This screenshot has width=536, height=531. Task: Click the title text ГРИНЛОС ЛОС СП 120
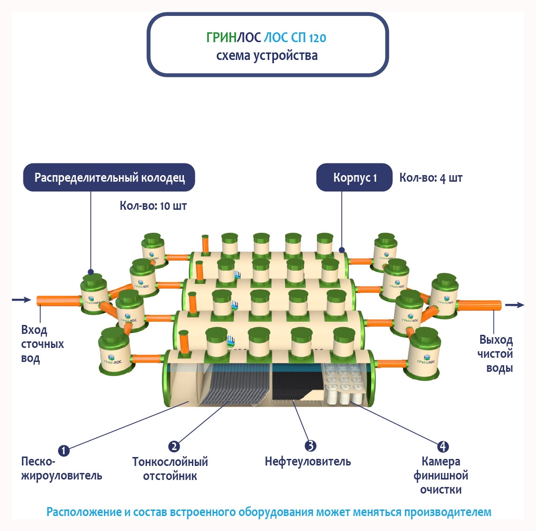(x=266, y=37)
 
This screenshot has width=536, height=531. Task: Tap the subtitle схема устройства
(x=267, y=56)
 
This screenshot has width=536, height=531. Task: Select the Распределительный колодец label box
(x=109, y=177)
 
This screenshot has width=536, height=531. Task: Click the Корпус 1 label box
(x=354, y=178)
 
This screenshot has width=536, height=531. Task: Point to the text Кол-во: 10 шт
(x=153, y=206)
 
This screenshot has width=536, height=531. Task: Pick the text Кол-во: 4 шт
(x=431, y=178)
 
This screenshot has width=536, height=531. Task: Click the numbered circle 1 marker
(x=64, y=451)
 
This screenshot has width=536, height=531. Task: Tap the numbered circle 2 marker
(x=174, y=446)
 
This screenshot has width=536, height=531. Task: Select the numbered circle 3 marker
(x=310, y=446)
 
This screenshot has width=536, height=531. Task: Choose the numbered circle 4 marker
(x=442, y=446)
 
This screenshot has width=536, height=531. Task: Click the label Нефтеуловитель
(x=308, y=462)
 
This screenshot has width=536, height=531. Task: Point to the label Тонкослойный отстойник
(x=170, y=469)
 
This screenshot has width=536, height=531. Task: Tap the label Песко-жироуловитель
(x=61, y=469)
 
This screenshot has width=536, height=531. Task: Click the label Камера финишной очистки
(x=441, y=475)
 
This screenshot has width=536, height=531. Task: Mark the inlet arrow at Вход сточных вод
(x=21, y=300)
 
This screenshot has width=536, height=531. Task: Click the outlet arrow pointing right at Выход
(x=514, y=305)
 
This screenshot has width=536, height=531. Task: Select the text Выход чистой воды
(x=495, y=354)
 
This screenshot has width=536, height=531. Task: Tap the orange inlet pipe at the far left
(x=58, y=301)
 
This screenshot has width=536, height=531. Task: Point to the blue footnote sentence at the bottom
(x=269, y=512)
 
